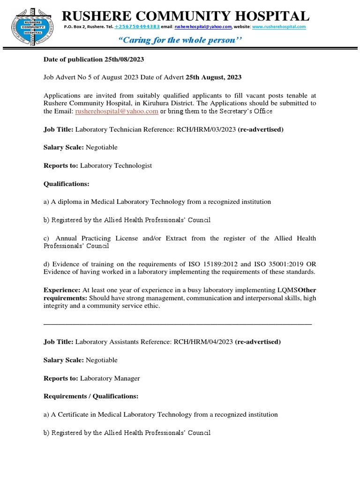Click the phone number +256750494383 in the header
[x=137, y=27]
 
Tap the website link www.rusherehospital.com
[x=279, y=27]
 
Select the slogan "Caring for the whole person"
[x=182, y=40]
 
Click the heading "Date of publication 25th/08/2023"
[x=94, y=60]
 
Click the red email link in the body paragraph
[x=117, y=111]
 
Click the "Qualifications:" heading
[x=66, y=184]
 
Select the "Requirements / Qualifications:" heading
[x=91, y=396]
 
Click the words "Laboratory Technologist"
[x=116, y=165]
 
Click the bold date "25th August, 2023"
[x=214, y=77]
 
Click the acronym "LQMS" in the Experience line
[x=287, y=290]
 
